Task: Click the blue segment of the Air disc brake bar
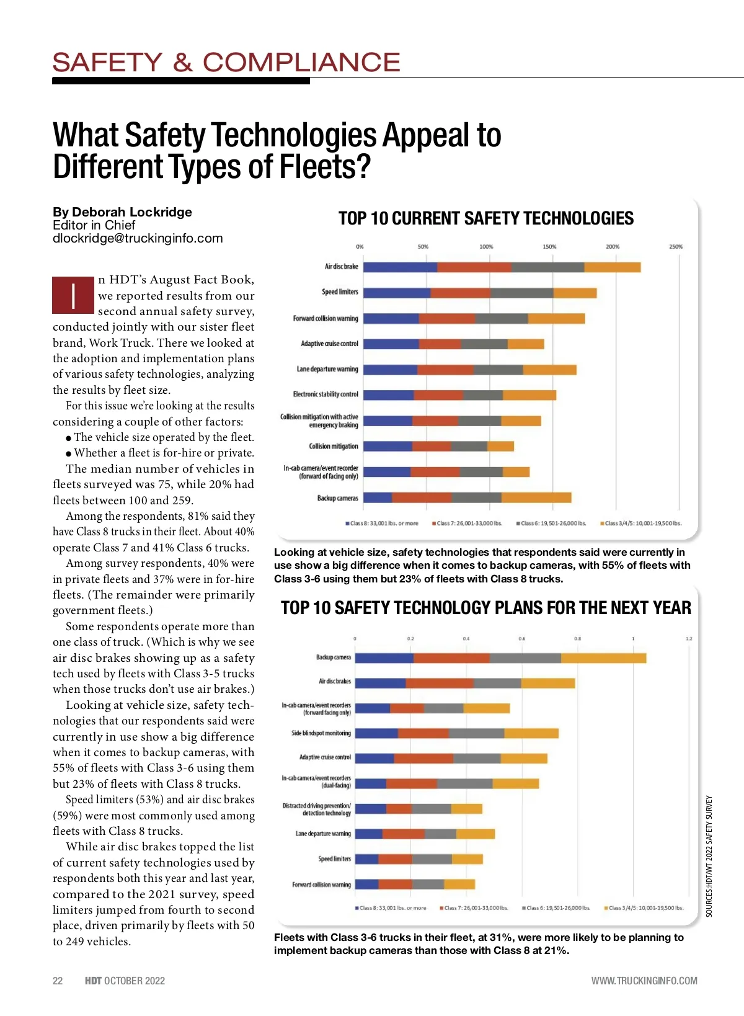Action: point(400,267)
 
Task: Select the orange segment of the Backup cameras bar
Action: point(536,497)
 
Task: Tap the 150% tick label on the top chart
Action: point(549,247)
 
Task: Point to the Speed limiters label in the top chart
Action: point(340,292)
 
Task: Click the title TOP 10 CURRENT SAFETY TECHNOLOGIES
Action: point(486,219)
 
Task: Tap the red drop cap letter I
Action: point(74,295)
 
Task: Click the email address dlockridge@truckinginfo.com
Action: point(138,239)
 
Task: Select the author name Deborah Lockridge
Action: point(132,212)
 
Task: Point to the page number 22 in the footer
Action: point(58,981)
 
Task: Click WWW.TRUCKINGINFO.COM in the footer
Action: point(644,981)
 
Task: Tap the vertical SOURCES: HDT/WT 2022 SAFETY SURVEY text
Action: point(709,856)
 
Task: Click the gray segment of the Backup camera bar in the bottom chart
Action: point(525,658)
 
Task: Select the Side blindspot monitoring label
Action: point(321,733)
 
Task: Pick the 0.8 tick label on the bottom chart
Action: point(577,639)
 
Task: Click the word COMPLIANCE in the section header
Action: point(301,63)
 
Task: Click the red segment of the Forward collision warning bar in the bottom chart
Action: point(395,885)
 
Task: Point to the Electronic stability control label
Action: point(325,394)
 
